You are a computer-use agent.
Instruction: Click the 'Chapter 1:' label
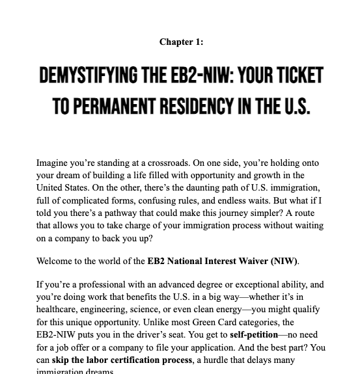pos(181,42)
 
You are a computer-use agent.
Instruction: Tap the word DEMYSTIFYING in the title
pos(88,76)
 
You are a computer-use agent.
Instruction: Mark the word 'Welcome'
pos(55,261)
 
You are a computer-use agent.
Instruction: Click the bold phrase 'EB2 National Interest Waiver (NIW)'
pos(222,261)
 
